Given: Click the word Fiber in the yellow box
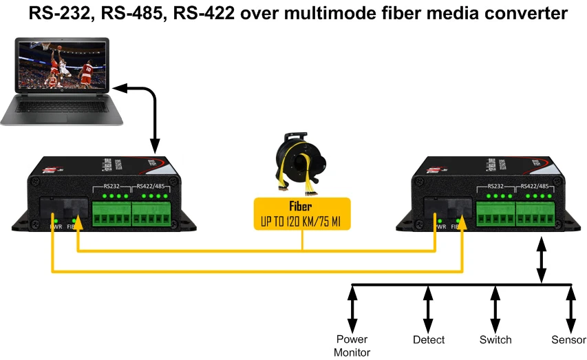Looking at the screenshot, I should (x=301, y=206).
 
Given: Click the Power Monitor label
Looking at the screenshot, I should (x=352, y=346).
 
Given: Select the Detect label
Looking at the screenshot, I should (x=428, y=339).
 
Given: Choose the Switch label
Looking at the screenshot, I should (x=495, y=339).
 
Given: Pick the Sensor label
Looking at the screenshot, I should (x=568, y=339).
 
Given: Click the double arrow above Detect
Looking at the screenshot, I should (x=428, y=308).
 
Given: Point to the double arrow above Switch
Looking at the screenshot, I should (x=495, y=308).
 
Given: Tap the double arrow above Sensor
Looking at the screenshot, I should (x=570, y=308).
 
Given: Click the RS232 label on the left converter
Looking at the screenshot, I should (x=111, y=185).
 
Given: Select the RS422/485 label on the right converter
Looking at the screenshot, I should (x=535, y=185).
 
